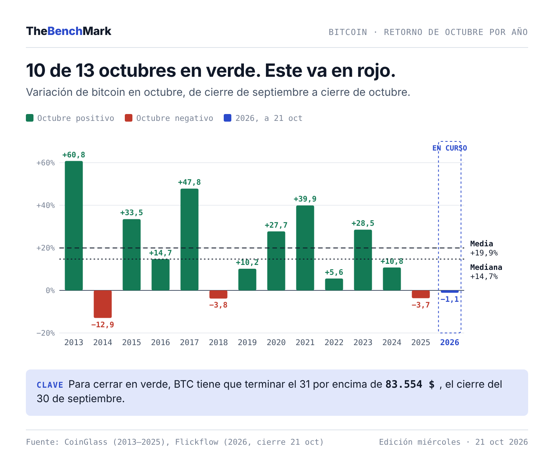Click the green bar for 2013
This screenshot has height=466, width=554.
tap(74, 225)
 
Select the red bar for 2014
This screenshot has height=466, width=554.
tap(103, 304)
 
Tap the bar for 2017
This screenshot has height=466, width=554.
tap(189, 239)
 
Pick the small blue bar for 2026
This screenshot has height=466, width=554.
tap(450, 292)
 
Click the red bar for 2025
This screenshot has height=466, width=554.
tap(421, 294)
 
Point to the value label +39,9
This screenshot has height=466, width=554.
tap(305, 199)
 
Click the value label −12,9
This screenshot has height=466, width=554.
tap(103, 325)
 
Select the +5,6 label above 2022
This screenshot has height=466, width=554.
tap(334, 272)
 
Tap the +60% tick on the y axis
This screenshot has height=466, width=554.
tap(46, 163)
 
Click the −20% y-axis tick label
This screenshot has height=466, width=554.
tap(46, 333)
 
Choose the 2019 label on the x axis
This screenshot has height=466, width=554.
tap(247, 342)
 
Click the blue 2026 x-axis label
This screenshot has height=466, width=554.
tap(450, 342)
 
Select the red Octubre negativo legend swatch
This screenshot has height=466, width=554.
tap(129, 118)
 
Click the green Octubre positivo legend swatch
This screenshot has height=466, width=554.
tap(30, 118)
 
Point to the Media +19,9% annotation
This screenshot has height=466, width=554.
tap(484, 248)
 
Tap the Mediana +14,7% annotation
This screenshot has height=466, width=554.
tap(486, 272)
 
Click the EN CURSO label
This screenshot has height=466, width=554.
tap(450, 148)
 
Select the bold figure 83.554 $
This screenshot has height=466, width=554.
tap(410, 384)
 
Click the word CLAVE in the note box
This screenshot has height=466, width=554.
tap(50, 385)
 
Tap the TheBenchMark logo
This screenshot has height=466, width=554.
tap(69, 31)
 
